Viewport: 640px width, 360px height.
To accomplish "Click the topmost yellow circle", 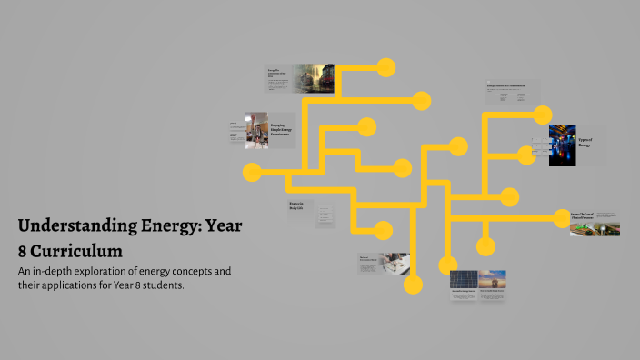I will (386, 67).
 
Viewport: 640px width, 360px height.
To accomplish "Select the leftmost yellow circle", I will (252, 171).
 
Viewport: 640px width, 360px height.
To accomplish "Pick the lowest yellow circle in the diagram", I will (414, 285).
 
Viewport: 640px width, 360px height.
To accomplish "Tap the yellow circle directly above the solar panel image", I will (447, 265).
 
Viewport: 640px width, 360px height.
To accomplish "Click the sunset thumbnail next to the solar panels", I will (492, 280).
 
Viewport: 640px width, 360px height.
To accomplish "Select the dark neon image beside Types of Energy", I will (562, 145).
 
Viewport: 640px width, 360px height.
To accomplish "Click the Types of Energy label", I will (585, 143).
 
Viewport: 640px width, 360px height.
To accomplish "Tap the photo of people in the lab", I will (255, 130).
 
